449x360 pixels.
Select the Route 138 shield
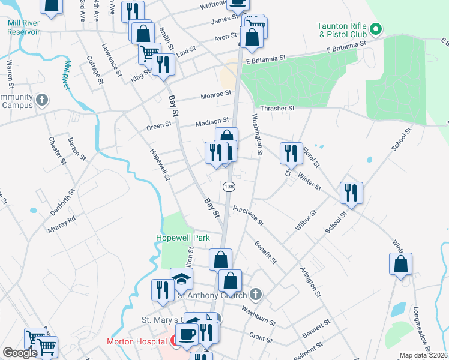[229, 187]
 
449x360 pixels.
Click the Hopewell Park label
[182, 238]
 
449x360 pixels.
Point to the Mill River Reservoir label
[24, 27]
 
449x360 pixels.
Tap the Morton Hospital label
[136, 341]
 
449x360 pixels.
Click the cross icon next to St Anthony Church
[256, 294]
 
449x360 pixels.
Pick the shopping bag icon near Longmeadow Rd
[400, 263]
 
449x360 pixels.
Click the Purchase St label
[248, 215]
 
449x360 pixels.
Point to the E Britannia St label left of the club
[346, 47]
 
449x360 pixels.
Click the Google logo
[19, 353]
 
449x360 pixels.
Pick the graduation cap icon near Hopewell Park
[182, 278]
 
